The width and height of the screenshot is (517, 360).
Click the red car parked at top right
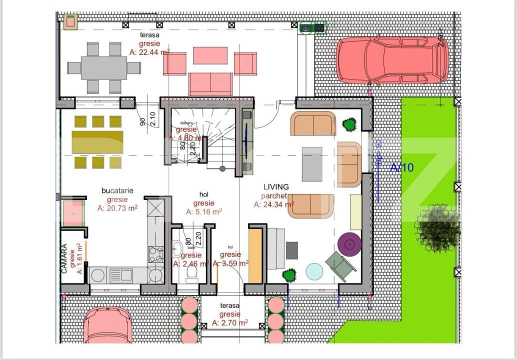392,60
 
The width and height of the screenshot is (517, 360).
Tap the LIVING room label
276,187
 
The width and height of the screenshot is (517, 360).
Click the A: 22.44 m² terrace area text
149,52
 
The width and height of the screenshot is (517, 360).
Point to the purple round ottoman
349,244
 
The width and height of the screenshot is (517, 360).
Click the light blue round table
314,271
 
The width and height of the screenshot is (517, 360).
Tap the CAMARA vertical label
64,258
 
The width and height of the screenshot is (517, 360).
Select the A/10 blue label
402,167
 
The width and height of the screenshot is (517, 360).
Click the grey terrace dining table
104,68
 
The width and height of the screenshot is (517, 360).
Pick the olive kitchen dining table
97,142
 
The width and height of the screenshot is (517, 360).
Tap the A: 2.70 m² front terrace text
230,323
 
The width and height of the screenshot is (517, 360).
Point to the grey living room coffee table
312,164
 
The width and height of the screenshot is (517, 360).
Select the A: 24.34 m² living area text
273,204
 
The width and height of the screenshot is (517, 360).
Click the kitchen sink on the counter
120,275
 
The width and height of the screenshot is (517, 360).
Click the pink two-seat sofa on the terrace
210,83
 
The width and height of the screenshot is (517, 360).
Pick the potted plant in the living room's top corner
349,124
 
